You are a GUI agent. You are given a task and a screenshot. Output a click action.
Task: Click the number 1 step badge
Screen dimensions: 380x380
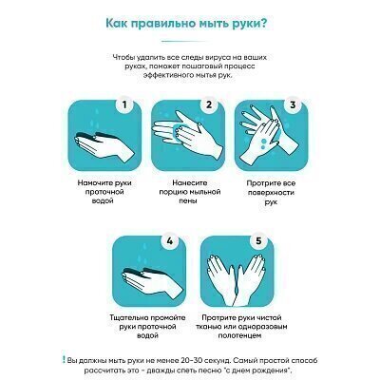[124, 104]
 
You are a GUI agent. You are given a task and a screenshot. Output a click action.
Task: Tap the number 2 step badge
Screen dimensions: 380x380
[208, 104]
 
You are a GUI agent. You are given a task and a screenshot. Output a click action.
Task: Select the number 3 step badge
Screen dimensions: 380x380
[293, 104]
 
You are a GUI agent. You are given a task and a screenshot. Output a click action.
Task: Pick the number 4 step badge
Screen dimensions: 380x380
[169, 241]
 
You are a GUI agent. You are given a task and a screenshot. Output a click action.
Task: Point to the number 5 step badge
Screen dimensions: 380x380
[258, 241]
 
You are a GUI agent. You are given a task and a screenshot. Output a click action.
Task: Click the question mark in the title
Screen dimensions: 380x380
[262, 24]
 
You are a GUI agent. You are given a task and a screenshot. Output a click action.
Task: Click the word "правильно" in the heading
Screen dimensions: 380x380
[157, 24]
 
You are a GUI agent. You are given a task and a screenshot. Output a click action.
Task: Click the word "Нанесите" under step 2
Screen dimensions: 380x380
[190, 182]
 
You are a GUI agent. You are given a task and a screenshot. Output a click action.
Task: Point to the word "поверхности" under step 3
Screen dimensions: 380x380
[271, 193]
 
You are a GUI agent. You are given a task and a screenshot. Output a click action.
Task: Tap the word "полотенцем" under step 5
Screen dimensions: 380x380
[239, 335]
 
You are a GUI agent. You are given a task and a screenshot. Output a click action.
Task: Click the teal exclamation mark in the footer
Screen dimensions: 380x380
[64, 359]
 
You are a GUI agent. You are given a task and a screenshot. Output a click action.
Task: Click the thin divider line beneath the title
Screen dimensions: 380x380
[185, 41]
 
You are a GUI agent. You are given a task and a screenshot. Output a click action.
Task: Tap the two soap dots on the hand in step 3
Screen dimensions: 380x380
[263, 143]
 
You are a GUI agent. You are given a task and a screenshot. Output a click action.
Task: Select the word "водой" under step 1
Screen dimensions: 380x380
[103, 200]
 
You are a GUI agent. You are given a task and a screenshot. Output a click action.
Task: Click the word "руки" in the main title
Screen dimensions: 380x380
[244, 24]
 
